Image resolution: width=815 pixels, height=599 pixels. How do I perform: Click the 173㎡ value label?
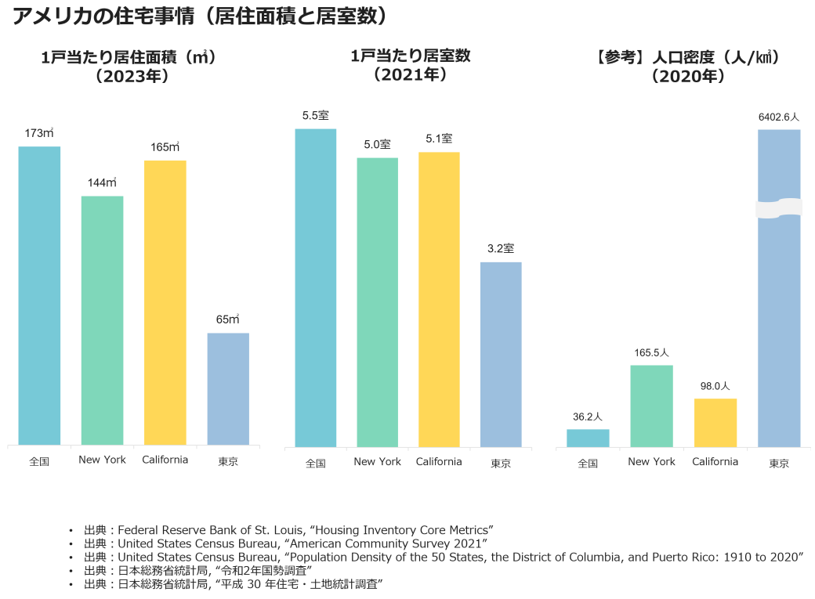click(39, 133)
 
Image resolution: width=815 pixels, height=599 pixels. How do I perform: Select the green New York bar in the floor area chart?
click(102, 321)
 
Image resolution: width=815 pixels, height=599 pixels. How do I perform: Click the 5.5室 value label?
click(316, 116)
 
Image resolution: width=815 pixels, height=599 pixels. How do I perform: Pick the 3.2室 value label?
click(501, 249)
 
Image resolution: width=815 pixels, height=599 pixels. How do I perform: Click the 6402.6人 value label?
click(779, 117)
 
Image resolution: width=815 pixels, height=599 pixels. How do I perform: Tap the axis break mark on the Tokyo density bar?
click(779, 208)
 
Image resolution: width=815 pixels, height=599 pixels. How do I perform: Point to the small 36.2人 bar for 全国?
click(588, 438)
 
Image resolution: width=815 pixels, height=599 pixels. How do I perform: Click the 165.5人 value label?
click(651, 353)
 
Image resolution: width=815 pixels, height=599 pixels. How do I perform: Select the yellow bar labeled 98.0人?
click(715, 423)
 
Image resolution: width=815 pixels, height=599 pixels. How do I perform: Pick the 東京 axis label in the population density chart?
click(779, 464)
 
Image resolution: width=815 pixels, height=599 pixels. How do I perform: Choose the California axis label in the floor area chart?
click(165, 460)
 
